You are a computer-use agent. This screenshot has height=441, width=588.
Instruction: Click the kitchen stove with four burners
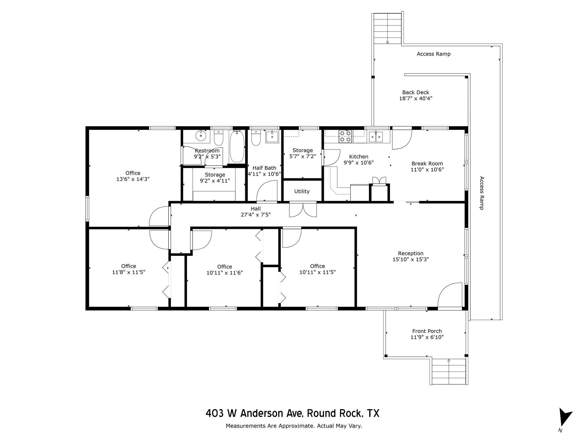345,136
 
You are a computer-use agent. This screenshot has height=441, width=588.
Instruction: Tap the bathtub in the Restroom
237,146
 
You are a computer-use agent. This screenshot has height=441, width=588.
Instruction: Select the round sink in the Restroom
201,136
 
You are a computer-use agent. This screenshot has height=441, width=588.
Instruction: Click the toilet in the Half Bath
256,138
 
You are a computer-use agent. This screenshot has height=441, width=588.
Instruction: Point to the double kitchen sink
376,137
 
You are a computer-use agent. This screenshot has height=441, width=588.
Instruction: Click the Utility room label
302,192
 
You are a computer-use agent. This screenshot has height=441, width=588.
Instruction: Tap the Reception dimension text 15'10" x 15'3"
411,260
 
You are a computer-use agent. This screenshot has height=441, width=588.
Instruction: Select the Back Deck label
415,92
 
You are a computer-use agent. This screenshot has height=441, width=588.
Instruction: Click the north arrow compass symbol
565,417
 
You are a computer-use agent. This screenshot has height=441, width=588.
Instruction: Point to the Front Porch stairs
448,372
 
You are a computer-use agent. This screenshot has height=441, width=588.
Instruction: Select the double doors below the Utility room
303,209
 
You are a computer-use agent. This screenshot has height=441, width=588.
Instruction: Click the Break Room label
427,164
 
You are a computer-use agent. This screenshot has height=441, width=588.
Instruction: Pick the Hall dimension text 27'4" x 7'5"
256,215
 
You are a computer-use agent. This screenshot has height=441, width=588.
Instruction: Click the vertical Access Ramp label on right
482,193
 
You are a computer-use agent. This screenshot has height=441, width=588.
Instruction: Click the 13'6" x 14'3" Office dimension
133,179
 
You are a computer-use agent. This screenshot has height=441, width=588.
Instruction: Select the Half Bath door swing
267,191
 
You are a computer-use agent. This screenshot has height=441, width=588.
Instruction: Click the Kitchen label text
358,157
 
